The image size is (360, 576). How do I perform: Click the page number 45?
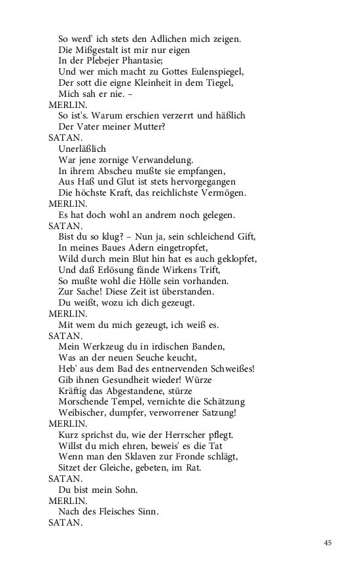click(x=328, y=542)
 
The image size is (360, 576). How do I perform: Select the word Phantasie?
click(x=148, y=60)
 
